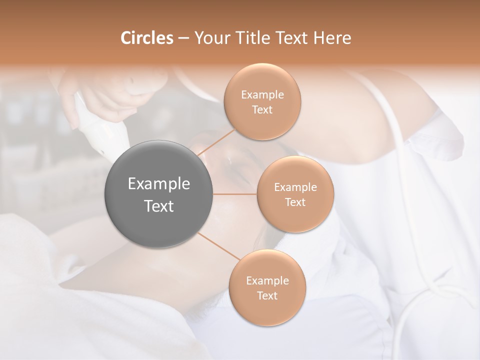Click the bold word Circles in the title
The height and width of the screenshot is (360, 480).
(146, 38)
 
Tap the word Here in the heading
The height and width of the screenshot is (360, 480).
(332, 38)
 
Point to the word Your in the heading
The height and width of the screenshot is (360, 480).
(211, 38)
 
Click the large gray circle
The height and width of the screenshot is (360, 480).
(159, 194)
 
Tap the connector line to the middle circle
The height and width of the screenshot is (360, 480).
(235, 194)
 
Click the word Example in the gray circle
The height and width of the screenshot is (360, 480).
(159, 184)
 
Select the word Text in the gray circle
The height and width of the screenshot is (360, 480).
(159, 206)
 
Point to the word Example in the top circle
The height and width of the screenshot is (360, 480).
(262, 95)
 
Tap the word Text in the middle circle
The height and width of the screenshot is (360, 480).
(295, 202)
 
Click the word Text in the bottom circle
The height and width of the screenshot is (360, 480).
(267, 295)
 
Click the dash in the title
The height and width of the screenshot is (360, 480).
(183, 38)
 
